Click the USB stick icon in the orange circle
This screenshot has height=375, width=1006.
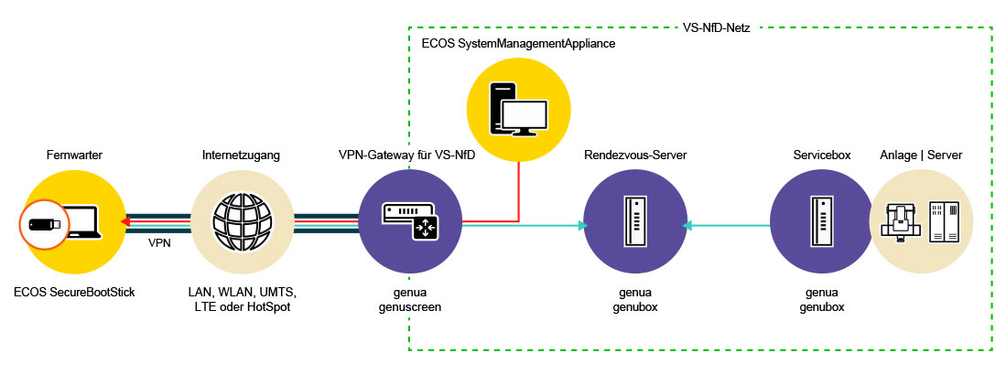pos(42,224)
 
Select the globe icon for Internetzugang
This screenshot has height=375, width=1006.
pos(244,224)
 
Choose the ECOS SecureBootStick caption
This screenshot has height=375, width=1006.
pos(75,293)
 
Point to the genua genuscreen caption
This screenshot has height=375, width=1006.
pos(407,299)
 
